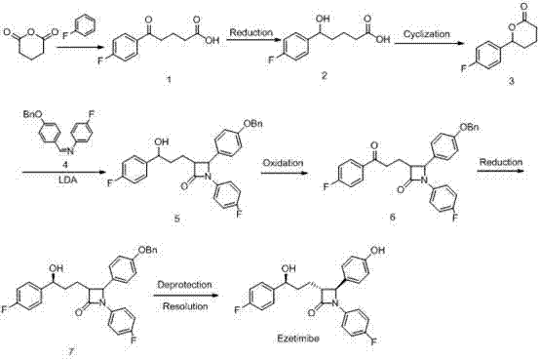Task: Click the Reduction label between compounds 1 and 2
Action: click(x=251, y=34)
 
